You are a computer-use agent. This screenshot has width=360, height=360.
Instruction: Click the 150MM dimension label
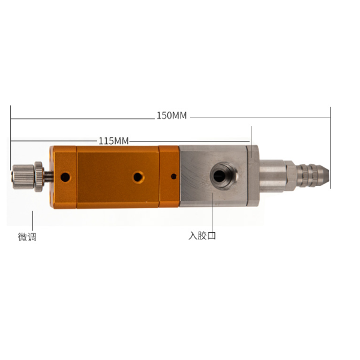pyautogui.click(x=172, y=115)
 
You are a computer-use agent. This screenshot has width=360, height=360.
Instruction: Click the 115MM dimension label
pyautogui.click(x=113, y=141)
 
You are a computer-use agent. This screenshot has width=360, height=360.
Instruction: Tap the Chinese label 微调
pyautogui.click(x=27, y=237)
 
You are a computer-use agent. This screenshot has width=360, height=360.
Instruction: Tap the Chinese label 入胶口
pyautogui.click(x=202, y=236)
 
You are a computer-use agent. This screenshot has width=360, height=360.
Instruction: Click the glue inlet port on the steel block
pyautogui.click(x=224, y=176)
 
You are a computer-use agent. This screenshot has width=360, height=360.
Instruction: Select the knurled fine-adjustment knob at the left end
pyautogui.click(x=23, y=177)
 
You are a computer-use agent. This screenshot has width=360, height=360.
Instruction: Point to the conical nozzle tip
pyautogui.click(x=325, y=175)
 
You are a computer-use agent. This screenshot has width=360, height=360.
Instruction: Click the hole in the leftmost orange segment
pyautogui.click(x=65, y=177)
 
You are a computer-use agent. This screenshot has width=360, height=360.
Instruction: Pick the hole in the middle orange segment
pyautogui.click(x=138, y=177)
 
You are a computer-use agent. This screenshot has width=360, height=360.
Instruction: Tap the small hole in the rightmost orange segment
pyautogui.click(x=174, y=176)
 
